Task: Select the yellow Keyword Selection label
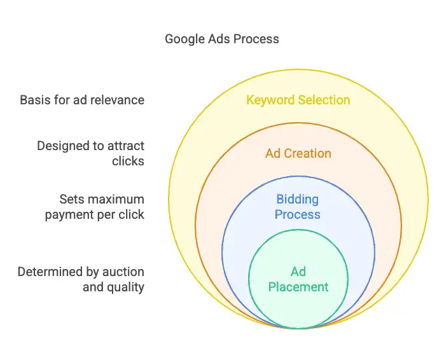coord(298,100)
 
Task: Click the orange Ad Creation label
coord(298,153)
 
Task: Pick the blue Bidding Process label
coord(298,207)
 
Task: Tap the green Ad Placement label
coord(298,279)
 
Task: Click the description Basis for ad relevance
coord(82,100)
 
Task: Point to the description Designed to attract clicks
coord(90,153)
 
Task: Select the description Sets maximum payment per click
coord(95,207)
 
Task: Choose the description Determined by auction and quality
coord(81,280)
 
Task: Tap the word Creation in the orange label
coord(307,153)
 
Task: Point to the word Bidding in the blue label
coord(298,200)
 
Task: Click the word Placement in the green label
coord(298,287)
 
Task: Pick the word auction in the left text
coord(123,272)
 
